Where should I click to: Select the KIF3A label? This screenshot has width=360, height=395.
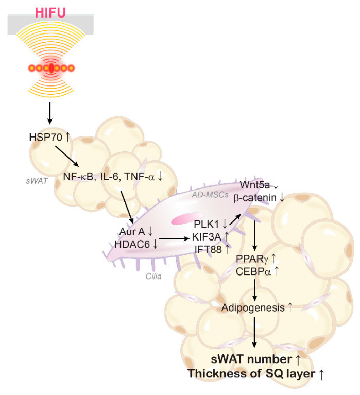[207, 237]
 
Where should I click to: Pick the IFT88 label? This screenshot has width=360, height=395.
[207, 249]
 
